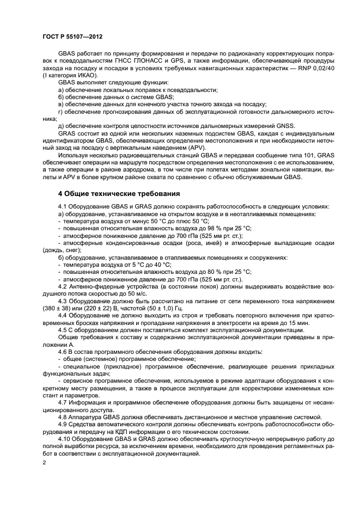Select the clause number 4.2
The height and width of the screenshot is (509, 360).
63,286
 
